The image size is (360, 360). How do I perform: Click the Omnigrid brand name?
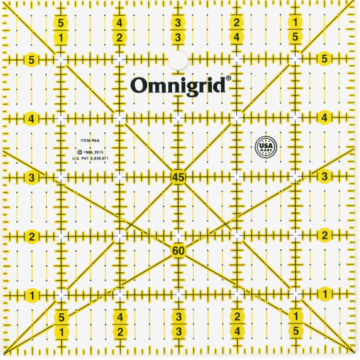(179, 84)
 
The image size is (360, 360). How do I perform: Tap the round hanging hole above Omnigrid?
(178, 61)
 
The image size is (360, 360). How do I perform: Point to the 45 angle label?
(178, 177)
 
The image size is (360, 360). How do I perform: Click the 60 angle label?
(178, 251)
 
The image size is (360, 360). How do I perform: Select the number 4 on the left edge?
(32, 118)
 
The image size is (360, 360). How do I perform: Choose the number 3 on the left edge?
(32, 177)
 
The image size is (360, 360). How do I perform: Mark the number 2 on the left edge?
(32, 236)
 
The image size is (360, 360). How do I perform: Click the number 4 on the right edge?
(325, 118)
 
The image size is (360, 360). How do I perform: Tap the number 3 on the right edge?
(325, 177)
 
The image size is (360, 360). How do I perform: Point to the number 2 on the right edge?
(325, 236)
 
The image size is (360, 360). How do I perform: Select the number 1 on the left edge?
(32, 295)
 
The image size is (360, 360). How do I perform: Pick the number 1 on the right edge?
(325, 294)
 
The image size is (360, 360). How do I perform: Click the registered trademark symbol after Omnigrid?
(228, 78)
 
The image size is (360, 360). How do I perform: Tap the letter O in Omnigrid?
(138, 84)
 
